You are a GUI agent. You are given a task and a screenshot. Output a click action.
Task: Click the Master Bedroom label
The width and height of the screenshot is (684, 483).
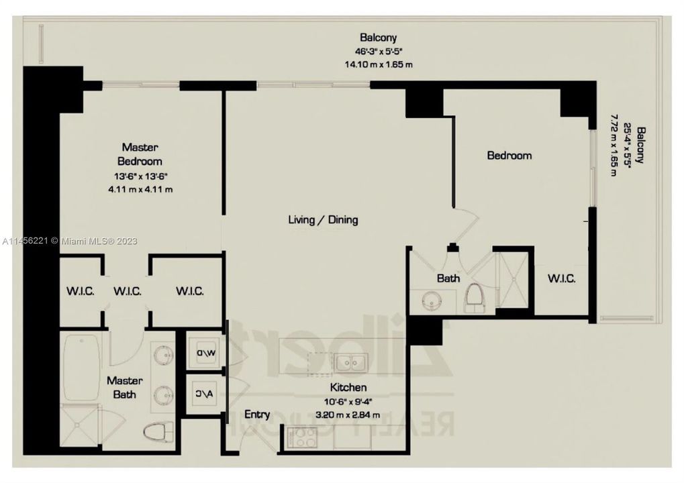140,154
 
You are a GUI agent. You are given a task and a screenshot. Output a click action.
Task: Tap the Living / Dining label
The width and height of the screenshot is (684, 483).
323,219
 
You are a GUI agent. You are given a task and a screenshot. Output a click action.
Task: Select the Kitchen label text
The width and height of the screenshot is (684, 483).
348,388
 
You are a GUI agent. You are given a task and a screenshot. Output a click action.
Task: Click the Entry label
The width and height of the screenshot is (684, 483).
257,414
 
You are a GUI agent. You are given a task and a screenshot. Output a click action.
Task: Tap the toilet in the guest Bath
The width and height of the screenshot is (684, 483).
475,297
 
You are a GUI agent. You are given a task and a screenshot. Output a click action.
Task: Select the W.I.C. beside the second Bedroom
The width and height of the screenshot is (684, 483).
561,278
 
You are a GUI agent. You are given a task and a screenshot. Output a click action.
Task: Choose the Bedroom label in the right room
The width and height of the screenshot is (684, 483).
509,156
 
